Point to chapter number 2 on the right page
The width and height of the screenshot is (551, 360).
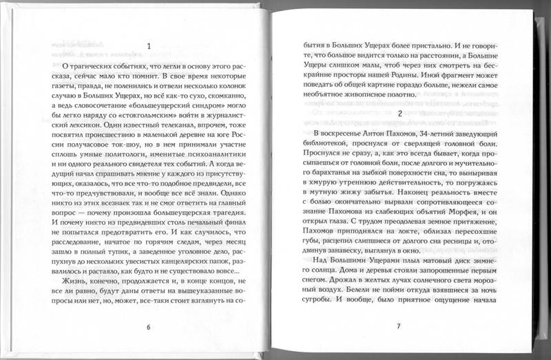tap(400, 112)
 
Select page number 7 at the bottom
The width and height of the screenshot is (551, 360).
tap(398, 326)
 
